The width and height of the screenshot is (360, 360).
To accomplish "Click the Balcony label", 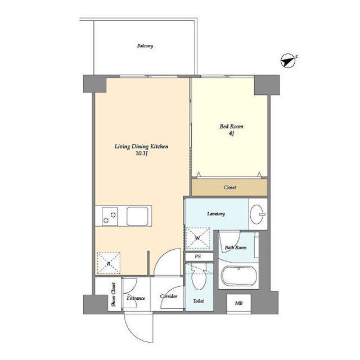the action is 145,46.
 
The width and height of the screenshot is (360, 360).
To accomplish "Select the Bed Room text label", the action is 231,126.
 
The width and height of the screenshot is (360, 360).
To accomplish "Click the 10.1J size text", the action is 141,154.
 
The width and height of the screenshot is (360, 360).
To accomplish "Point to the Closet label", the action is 230,187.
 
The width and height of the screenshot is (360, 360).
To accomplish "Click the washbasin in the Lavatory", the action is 258,214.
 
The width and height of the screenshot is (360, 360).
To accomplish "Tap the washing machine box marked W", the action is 198,238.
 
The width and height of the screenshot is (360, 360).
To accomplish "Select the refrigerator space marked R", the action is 109,263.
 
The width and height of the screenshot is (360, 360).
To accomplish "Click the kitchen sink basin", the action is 137,216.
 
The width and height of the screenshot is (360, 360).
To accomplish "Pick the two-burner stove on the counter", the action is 110,217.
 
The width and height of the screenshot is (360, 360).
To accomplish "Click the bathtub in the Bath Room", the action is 239,276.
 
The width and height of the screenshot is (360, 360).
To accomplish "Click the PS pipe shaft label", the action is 198,256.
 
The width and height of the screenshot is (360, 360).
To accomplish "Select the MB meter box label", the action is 238,303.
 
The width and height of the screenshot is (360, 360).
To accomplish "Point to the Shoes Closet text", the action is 114,295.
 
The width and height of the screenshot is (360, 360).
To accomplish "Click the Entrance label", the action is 136,298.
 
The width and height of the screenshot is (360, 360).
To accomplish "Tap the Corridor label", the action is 169,296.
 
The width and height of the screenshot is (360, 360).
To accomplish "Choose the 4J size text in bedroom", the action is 231,133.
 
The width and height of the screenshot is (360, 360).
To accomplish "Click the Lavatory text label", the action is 216,214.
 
